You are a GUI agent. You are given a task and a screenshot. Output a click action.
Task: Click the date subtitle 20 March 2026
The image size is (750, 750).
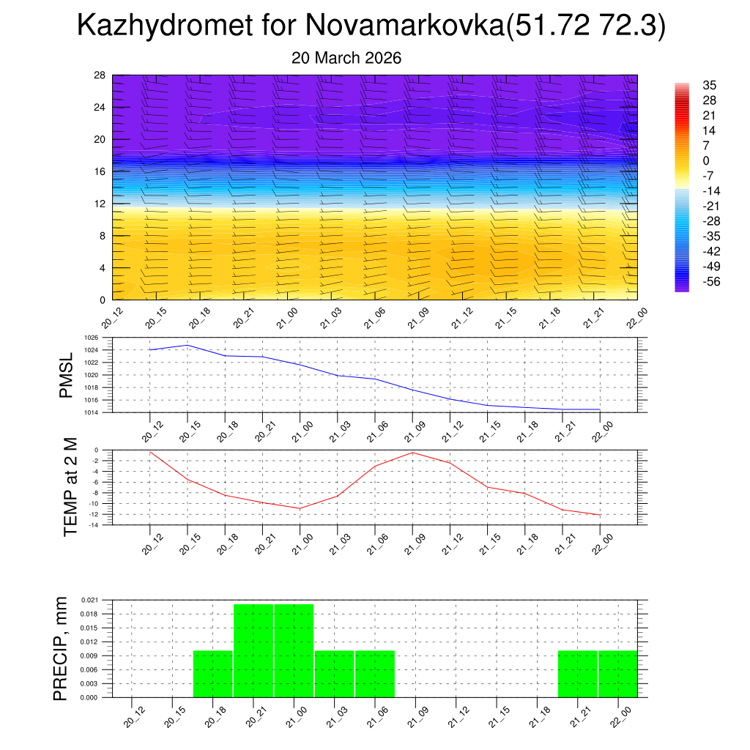(346, 58)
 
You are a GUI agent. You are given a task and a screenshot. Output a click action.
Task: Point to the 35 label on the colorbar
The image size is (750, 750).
(709, 85)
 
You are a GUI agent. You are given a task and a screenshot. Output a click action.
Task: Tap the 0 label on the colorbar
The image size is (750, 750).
(706, 160)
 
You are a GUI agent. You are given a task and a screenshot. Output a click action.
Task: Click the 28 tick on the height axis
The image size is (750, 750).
(100, 75)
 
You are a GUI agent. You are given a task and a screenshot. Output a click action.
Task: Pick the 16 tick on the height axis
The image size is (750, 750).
(100, 171)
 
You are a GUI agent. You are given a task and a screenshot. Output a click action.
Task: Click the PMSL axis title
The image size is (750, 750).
(67, 376)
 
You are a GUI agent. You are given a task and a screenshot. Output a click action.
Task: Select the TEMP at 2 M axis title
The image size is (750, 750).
(70, 486)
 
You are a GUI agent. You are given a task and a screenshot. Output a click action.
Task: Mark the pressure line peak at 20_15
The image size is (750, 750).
(187, 345)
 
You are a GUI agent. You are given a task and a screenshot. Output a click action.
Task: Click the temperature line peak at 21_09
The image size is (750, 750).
(412, 453)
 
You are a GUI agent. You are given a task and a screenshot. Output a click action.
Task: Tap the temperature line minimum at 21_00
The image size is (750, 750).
(300, 508)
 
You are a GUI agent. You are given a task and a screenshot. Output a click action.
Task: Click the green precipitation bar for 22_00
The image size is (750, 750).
(617, 674)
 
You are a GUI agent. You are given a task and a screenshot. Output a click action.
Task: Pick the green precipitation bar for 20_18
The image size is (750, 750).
(213, 674)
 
